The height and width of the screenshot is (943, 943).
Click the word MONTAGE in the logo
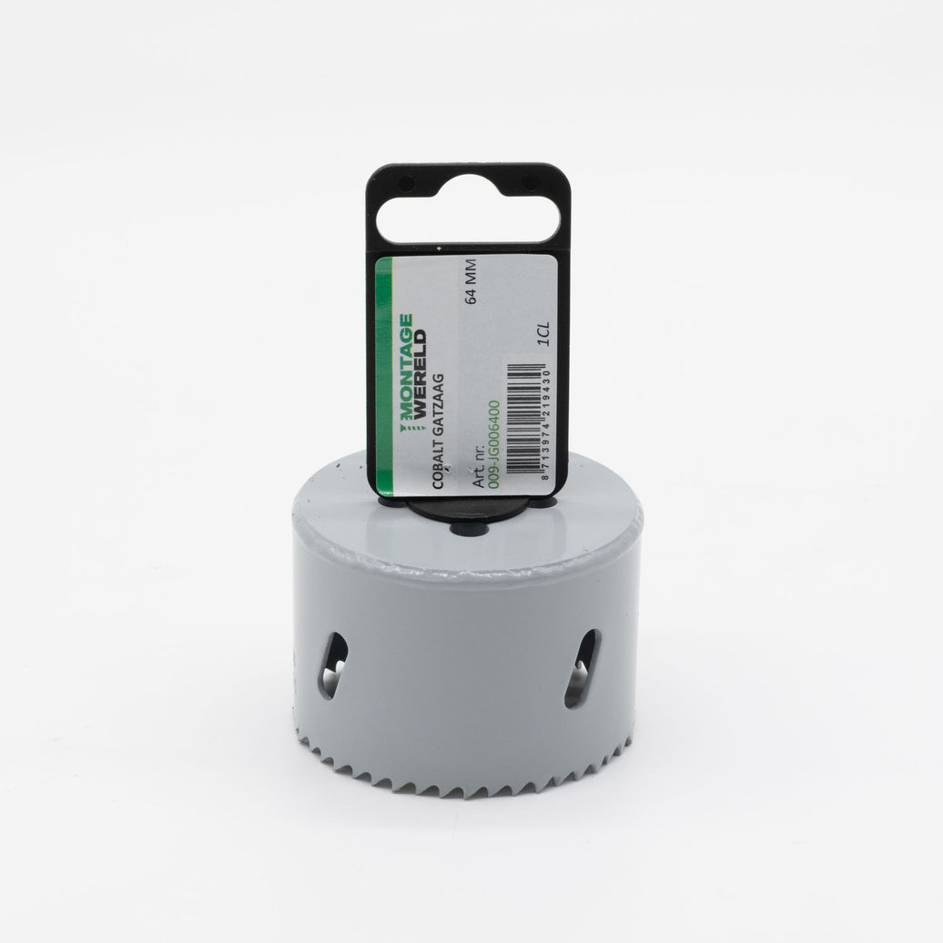(407, 367)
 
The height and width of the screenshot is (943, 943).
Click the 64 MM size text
(471, 281)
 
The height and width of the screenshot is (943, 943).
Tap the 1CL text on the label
(544, 334)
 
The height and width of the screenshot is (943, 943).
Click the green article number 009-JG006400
(493, 445)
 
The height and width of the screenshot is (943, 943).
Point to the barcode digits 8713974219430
(545, 423)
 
